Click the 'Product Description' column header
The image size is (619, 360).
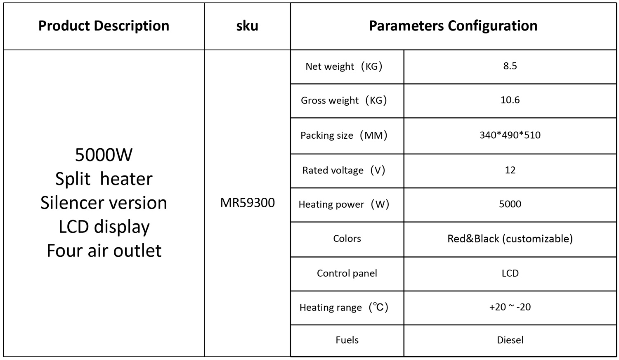(x=104, y=26)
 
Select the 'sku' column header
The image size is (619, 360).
(x=247, y=26)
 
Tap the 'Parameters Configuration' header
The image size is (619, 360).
(x=453, y=26)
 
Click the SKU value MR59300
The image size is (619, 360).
(x=247, y=203)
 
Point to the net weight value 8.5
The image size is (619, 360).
(x=510, y=66)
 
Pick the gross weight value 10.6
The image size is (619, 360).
(x=510, y=100)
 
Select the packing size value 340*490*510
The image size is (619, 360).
(x=510, y=135)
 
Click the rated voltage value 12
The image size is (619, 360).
(x=510, y=170)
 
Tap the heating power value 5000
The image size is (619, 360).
(x=510, y=204)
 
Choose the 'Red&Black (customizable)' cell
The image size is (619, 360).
(x=510, y=239)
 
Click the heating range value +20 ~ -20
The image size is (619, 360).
(x=510, y=307)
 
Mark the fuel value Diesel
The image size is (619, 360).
(x=510, y=340)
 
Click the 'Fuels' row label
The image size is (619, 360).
(x=347, y=340)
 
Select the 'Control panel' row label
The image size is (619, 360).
(x=347, y=273)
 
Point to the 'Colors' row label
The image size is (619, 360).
(x=347, y=238)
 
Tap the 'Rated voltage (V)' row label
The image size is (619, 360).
(x=344, y=171)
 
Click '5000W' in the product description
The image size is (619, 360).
(x=104, y=155)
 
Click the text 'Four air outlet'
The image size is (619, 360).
(x=104, y=251)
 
